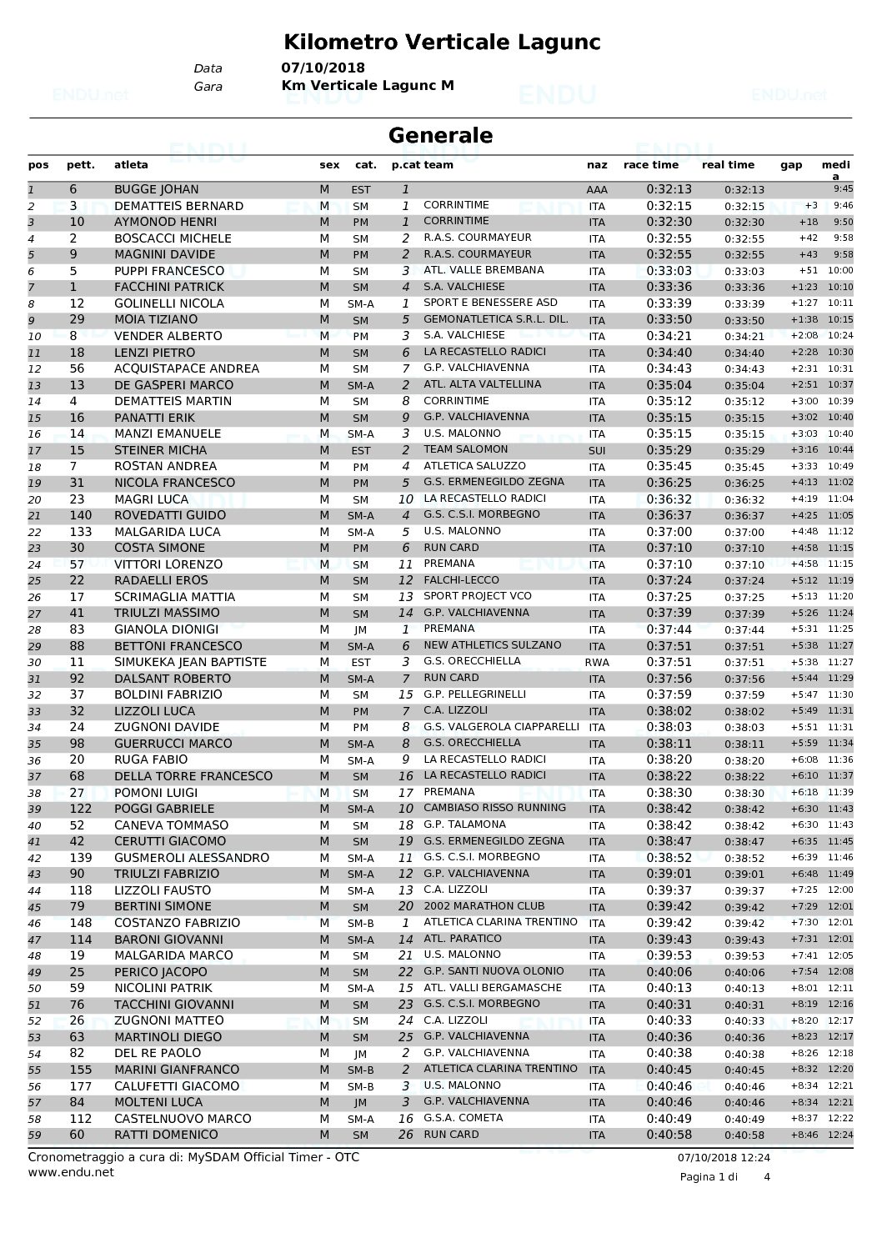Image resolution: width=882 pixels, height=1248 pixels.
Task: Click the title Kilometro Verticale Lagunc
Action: (x=442, y=42)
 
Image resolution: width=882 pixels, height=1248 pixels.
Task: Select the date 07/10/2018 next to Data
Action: (x=323, y=68)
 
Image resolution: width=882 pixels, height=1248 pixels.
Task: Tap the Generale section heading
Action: (x=441, y=135)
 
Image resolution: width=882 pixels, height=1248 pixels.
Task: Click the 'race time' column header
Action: (x=651, y=165)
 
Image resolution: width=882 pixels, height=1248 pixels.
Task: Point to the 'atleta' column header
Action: (x=131, y=165)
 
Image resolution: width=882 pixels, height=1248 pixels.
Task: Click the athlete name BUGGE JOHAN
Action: (x=156, y=189)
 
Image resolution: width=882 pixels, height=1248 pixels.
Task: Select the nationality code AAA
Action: (x=597, y=190)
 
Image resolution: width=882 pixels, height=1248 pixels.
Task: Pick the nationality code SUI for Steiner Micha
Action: (x=597, y=451)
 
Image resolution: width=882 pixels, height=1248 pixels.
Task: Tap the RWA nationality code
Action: (x=597, y=663)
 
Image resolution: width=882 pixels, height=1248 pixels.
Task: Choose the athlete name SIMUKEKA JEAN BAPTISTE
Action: (x=190, y=662)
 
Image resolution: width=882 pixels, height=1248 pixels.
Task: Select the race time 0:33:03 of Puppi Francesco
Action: (x=669, y=271)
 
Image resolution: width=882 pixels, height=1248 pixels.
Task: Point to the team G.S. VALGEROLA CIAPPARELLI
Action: (x=501, y=726)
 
